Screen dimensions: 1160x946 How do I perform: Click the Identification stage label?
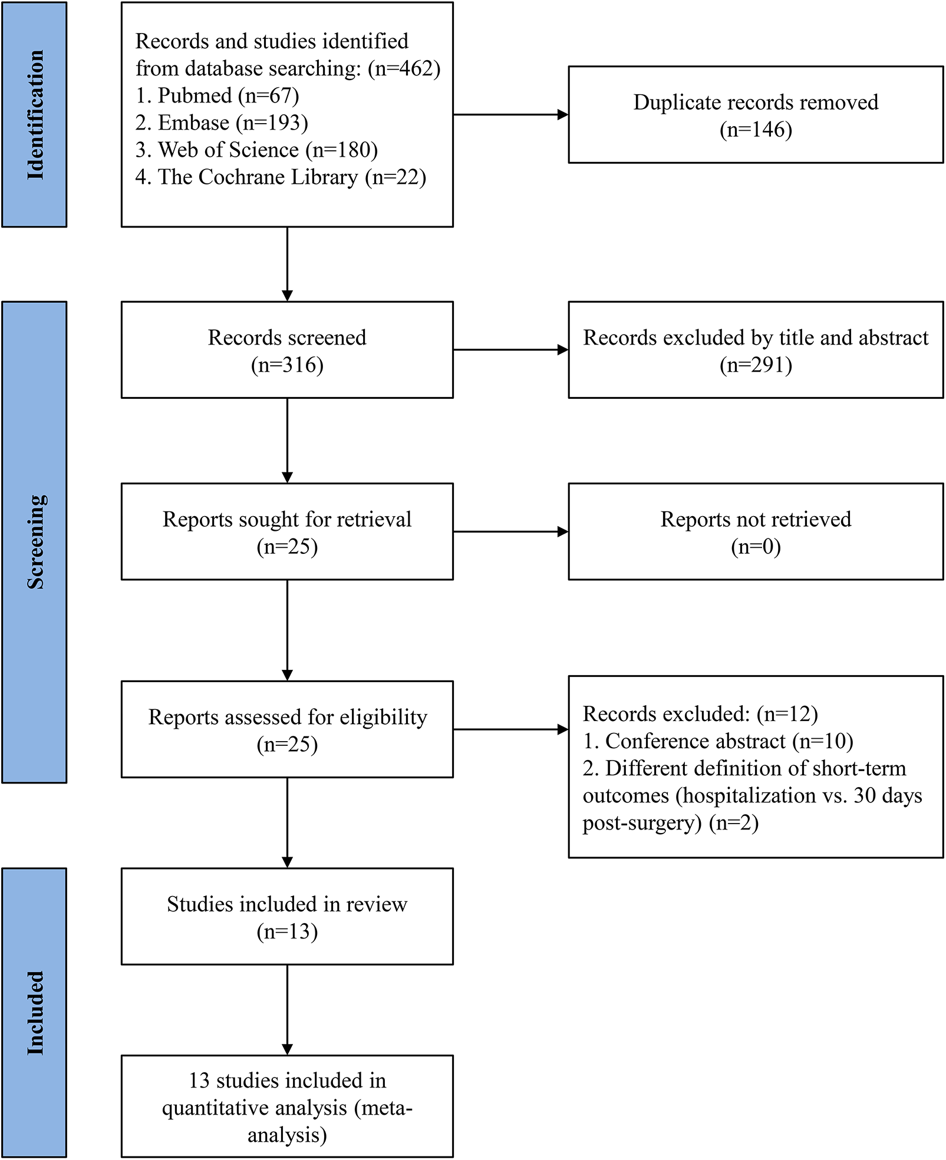35,114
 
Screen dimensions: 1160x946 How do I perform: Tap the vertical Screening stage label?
35,541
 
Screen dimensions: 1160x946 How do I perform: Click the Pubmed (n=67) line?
217,95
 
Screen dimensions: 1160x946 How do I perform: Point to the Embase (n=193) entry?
222,123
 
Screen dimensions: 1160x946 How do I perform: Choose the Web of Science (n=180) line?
256,150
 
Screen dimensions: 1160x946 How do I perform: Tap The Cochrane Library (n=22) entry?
281,177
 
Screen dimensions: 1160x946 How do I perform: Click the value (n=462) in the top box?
404,68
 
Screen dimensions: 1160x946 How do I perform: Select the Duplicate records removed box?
755,114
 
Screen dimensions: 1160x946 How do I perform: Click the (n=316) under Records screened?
287,365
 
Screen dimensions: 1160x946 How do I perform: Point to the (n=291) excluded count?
755,365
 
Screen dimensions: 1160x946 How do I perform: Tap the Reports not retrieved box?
755,531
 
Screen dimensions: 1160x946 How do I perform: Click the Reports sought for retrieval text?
287,519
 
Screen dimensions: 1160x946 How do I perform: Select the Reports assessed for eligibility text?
287,717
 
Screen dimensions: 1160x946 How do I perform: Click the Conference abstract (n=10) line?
717,741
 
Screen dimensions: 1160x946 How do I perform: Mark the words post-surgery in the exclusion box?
642,822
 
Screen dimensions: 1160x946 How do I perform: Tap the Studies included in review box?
287,917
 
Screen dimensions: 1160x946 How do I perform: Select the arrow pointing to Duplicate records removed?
510,114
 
